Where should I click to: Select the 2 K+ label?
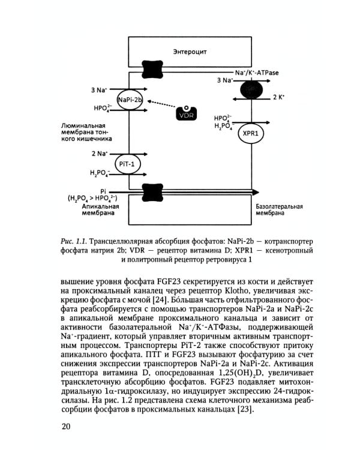(x=278, y=96)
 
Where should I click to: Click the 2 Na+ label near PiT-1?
(x=99, y=154)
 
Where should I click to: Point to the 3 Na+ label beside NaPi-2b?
(x=99, y=90)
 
